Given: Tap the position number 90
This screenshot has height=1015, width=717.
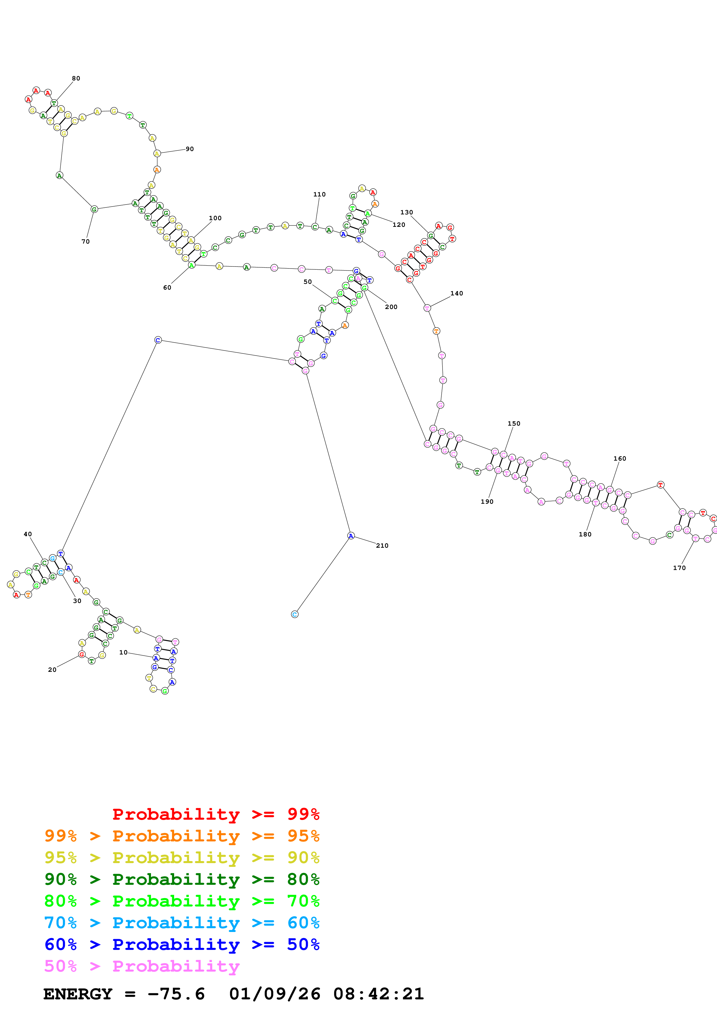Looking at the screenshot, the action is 189,149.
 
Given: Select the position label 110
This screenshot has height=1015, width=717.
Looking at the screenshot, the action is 319,194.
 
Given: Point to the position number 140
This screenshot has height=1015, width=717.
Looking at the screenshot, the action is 457,294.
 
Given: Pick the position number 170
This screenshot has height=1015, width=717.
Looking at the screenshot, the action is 679,568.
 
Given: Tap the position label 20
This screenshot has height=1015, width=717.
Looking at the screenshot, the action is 52,670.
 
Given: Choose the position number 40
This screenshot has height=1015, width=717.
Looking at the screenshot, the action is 28,534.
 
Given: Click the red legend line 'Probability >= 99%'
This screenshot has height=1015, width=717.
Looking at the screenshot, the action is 215,814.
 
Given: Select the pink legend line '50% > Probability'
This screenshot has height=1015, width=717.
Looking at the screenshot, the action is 142,966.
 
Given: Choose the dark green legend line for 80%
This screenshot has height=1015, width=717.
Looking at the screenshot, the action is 182,879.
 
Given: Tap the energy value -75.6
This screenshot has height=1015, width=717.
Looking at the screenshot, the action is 176,994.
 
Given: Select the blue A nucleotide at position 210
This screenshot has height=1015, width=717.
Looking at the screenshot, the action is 351,536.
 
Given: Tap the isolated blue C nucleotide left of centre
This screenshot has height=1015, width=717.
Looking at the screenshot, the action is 158,340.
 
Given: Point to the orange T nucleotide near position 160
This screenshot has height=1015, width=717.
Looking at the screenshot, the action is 660,485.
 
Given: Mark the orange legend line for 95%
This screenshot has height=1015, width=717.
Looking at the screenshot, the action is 182,836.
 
